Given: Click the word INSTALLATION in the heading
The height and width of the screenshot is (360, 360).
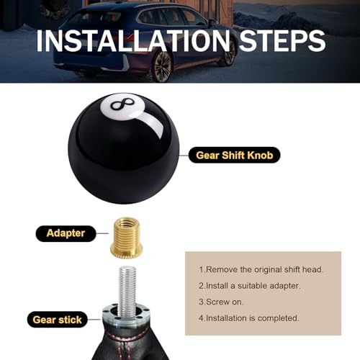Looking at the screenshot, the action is pos(133,40).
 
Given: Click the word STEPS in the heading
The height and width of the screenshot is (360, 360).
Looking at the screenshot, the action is pos(282,40).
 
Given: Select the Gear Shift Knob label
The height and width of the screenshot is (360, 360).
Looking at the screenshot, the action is pos(235,156).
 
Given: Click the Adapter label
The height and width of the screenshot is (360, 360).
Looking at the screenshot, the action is pos(66,233).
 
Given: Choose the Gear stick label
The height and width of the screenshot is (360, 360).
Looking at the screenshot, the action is pos(58,320).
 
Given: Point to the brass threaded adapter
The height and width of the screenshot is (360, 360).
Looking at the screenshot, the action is pos(127,236).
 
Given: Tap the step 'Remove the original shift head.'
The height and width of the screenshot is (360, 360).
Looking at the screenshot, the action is pos(261,269).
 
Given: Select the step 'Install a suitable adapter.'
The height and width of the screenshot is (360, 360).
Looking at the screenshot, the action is pos(250,286).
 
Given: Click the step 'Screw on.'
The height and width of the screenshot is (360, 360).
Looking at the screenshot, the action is pos(221,302).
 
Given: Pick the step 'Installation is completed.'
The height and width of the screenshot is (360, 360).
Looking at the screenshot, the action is pos(249,318).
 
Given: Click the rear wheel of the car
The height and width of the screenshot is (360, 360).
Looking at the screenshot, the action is pos(163,66).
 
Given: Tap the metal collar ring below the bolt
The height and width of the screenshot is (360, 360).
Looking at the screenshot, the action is pos(126,312).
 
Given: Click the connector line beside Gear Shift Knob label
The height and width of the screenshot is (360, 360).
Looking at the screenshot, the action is pos(184,156).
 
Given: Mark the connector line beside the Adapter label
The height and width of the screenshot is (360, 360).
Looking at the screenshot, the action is pos(102,233).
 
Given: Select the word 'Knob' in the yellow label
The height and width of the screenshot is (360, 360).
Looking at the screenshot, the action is pos(260,156).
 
